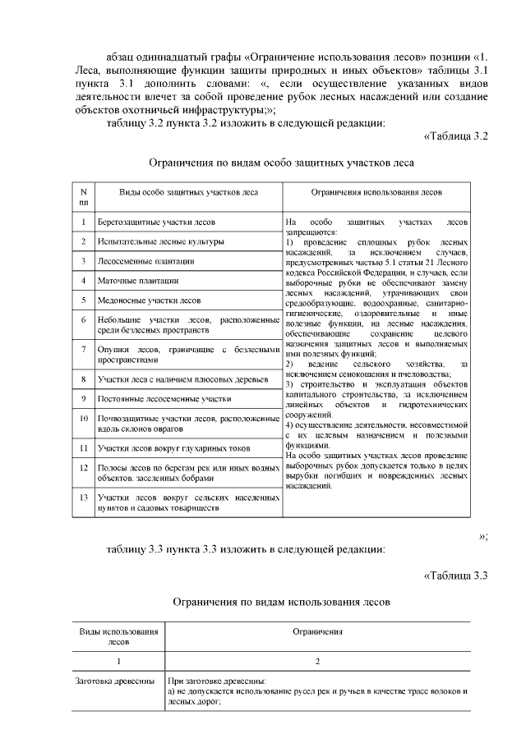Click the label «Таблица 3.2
pyautogui.click(x=456, y=135)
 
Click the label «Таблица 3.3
pyautogui.click(x=456, y=574)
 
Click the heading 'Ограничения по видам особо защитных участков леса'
pyautogui.click(x=281, y=163)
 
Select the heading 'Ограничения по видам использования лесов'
pyautogui.click(x=281, y=601)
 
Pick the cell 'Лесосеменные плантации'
pyautogui.click(x=145, y=262)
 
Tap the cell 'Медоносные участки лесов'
pyautogui.click(x=149, y=300)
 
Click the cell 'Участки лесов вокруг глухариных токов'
pyautogui.click(x=173, y=448)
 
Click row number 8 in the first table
pyautogui.click(x=83, y=379)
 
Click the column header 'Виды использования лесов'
pyautogui.click(x=118, y=636)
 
